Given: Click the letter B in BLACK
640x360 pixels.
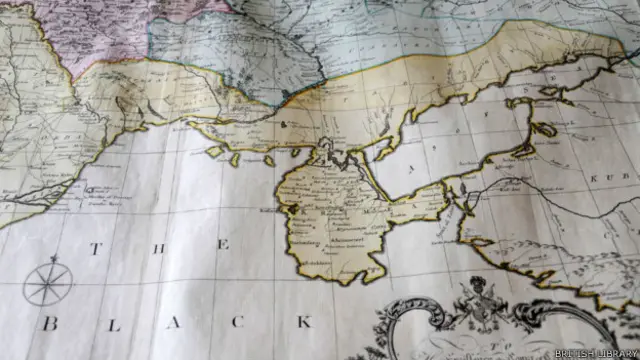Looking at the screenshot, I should [x=48, y=324].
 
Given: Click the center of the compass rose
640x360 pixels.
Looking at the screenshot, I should [x=47, y=285].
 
